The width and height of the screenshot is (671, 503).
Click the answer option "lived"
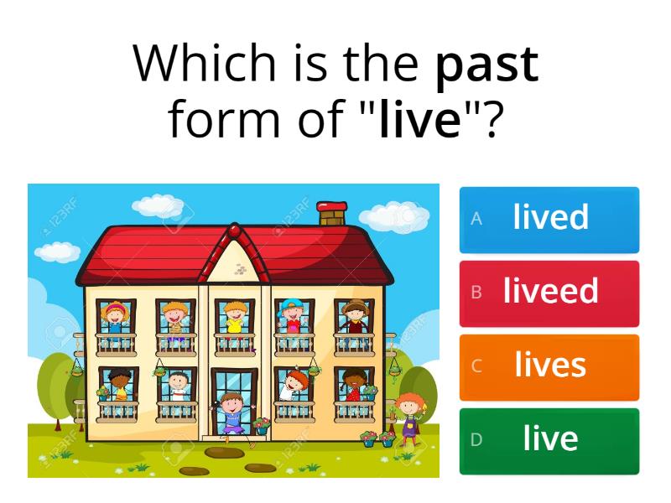550,218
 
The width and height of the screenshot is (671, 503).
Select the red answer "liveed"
550,292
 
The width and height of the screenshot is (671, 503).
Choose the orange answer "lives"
550,366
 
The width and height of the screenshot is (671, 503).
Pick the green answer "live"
550,439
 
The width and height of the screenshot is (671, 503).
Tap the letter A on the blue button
476,219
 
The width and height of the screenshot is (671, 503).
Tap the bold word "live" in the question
420,121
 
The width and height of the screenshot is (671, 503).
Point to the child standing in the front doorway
232,411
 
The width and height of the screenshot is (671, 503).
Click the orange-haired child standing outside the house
408,416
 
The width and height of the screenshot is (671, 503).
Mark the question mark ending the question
492,121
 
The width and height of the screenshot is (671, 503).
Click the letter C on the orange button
476,366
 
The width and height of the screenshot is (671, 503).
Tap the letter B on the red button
476,293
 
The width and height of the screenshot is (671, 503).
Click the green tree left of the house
55,381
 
